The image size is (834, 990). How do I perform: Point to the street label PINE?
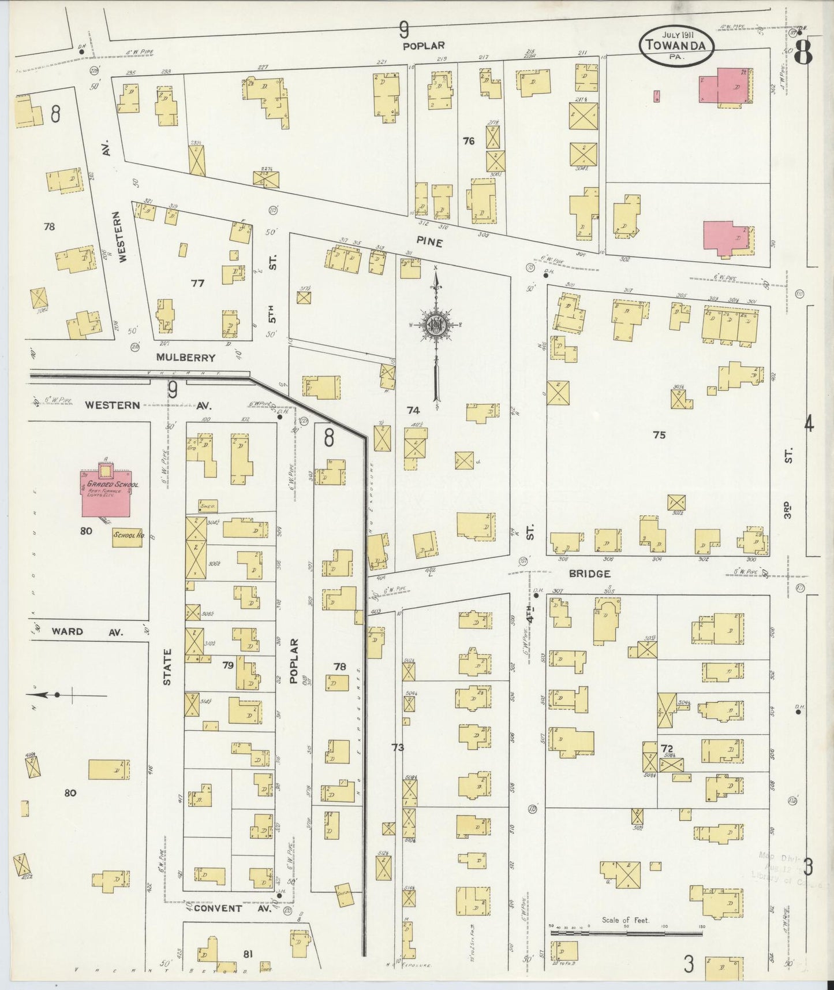tap(428, 243)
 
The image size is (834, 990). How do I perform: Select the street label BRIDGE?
tap(589, 574)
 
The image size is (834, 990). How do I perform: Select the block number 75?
tap(659, 435)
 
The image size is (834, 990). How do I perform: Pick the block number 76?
tap(469, 140)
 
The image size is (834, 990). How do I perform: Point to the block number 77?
tap(197, 283)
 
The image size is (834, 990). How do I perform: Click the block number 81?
tap(248, 954)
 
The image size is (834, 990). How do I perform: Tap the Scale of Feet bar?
tap(626, 931)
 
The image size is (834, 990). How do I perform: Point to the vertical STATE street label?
tap(167, 667)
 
